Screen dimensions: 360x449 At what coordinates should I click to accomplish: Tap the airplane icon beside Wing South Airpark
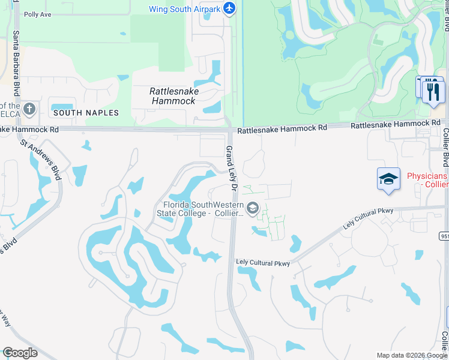229,8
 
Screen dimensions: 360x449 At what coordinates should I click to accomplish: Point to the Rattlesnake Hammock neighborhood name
174,96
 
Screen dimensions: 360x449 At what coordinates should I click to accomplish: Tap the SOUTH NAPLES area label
86,113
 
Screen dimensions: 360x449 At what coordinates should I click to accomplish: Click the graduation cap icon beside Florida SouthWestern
253,208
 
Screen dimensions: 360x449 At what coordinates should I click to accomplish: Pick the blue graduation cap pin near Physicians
388,179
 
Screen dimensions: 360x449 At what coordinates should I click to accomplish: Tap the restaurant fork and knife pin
433,92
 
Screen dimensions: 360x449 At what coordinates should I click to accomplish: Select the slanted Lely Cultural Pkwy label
369,219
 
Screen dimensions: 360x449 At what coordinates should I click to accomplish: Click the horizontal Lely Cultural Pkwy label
263,263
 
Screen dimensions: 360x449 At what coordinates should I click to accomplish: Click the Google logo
20,352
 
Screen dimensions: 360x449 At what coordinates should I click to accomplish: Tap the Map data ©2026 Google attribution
411,355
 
